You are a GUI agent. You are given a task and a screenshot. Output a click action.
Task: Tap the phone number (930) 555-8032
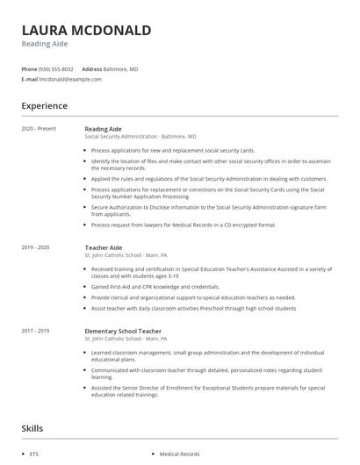point(57,68)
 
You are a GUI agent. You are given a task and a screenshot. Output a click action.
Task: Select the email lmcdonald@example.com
point(70,79)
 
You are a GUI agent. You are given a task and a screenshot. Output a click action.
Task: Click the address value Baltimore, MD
point(121,68)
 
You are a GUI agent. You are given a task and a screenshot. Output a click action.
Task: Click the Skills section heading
point(33,428)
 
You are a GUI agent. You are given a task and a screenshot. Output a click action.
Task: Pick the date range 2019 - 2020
point(35,247)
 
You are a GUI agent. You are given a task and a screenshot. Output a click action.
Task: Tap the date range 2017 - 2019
point(35,332)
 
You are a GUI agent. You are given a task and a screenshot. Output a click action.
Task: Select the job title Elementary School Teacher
point(124,332)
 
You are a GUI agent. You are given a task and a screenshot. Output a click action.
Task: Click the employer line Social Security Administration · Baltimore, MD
point(140,137)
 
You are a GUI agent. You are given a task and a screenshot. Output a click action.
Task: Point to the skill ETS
point(33,454)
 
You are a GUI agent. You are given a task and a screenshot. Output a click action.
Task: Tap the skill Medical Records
point(179,454)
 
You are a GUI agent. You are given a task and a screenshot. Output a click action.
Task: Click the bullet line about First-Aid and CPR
point(155,286)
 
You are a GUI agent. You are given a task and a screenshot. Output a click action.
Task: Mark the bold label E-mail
point(29,79)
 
